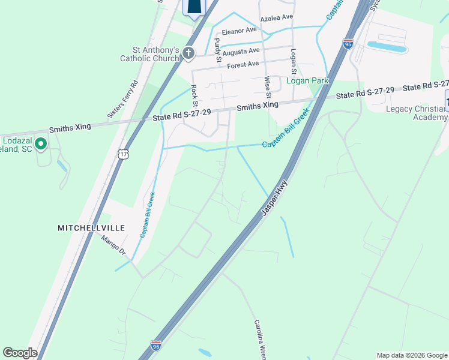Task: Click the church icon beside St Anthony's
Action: [x=188, y=54]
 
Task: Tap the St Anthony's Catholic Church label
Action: [x=149, y=54]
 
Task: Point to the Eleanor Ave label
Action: [x=239, y=30]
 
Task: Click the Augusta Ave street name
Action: [x=240, y=52]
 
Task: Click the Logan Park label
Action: [x=307, y=80]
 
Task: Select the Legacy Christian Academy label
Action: [x=417, y=112]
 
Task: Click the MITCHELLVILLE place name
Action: [x=91, y=228]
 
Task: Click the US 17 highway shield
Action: [x=123, y=154]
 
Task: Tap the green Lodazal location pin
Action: [x=41, y=143]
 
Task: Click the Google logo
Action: [x=20, y=353]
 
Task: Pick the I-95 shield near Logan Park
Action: [x=348, y=43]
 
